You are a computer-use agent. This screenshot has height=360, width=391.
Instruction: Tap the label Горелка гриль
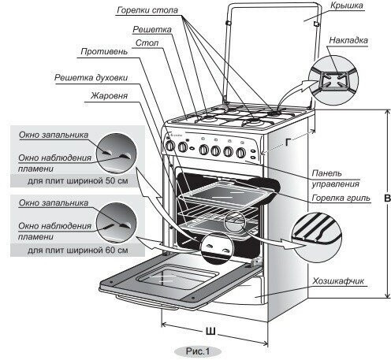[334, 198]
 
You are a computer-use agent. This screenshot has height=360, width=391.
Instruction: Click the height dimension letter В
[385, 199]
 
